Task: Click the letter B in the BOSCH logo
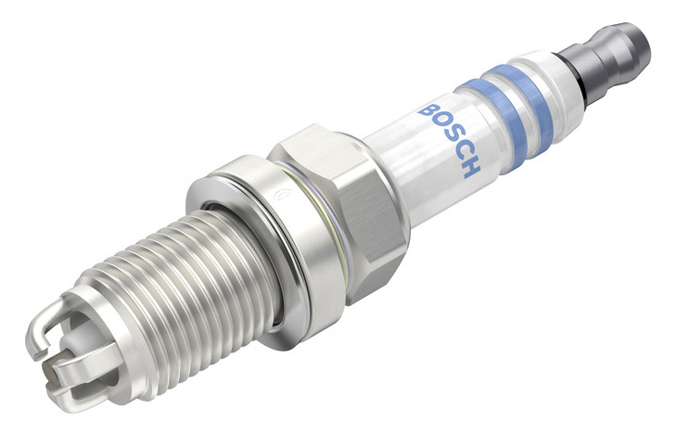tap(428, 110)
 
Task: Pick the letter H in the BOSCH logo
tap(471, 167)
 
